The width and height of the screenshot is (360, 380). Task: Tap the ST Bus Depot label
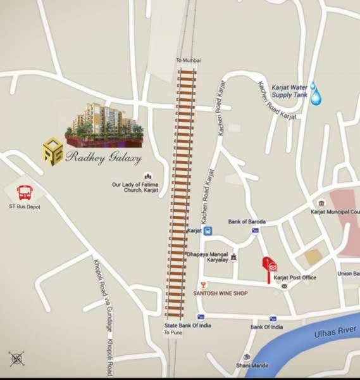pyautogui.click(x=24, y=206)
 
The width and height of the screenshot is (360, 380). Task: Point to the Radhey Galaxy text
pyautogui.click(x=104, y=158)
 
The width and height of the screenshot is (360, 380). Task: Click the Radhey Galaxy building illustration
pyautogui.click(x=105, y=124)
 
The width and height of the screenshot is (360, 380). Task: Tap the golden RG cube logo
pyautogui.click(x=53, y=152)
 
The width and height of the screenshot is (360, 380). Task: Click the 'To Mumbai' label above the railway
pyautogui.click(x=188, y=60)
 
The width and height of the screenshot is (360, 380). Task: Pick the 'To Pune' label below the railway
pyautogui.click(x=173, y=332)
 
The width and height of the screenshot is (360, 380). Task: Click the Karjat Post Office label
pyautogui.click(x=295, y=277)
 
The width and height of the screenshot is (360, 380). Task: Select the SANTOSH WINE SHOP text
pyautogui.click(x=220, y=293)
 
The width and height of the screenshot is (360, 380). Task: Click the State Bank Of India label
pyautogui.click(x=188, y=325)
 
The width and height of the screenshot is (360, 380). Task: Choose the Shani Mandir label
pyautogui.click(x=252, y=365)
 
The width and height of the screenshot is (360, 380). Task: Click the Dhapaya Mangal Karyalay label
pyautogui.click(x=206, y=257)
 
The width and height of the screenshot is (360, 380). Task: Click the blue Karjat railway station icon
pyautogui.click(x=208, y=232)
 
